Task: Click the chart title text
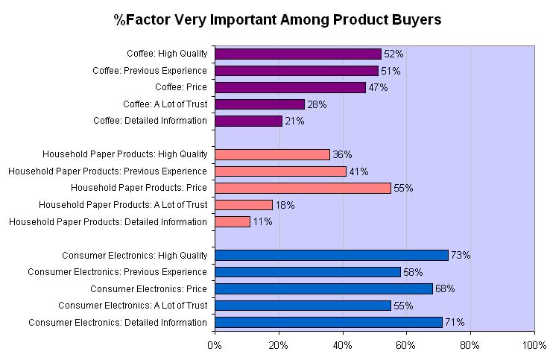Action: coord(277,20)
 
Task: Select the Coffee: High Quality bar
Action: coord(297,54)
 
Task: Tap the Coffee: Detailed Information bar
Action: coord(248,121)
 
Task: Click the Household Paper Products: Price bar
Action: coord(303,188)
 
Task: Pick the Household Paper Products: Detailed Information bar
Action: coord(232,221)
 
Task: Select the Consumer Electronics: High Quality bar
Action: coord(331,255)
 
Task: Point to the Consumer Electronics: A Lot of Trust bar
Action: coord(303,305)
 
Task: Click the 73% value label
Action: coord(461,256)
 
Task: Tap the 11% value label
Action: coord(262,222)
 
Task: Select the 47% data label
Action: coord(378,88)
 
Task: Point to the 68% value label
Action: coord(445,289)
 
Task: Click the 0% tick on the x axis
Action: coord(215,345)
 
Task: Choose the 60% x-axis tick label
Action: coord(406,345)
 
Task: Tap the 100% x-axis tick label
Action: coord(534,345)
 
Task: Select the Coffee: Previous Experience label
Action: coord(149,71)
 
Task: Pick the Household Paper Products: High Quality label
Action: coord(124,154)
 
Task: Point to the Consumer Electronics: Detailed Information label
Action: coord(117,322)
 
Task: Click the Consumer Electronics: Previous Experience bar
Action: coord(307,271)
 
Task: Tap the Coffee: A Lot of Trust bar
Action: coord(259,104)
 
